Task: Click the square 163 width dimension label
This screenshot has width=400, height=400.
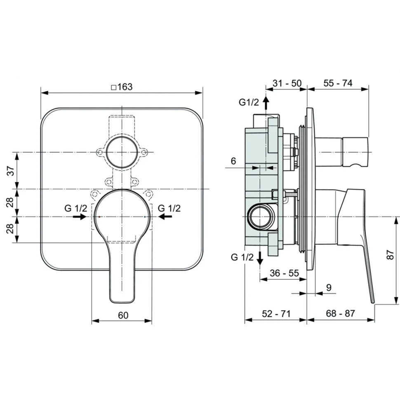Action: tap(122, 87)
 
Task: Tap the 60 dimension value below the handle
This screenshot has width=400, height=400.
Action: tap(123, 315)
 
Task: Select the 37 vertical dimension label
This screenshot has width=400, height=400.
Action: tap(11, 171)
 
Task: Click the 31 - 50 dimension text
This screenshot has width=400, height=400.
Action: tap(287, 83)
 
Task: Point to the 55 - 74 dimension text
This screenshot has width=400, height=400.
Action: tap(338, 83)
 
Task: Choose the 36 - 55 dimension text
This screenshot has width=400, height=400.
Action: tap(284, 273)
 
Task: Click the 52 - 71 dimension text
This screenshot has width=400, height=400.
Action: tap(276, 314)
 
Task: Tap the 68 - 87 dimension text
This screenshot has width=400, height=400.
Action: tap(340, 313)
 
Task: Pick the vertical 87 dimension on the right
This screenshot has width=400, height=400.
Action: tap(390, 254)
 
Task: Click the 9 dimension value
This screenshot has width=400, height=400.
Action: tap(329, 287)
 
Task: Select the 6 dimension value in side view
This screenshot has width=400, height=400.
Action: tap(233, 161)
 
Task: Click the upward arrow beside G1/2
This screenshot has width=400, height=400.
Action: tap(266, 103)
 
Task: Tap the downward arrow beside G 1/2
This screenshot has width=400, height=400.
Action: tap(260, 258)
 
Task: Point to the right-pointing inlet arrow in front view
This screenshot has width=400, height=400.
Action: tap(80, 217)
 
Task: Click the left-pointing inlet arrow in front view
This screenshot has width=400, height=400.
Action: tap(165, 217)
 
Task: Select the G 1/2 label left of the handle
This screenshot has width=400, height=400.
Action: tap(76, 208)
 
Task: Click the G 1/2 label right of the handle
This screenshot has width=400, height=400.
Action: tap(169, 208)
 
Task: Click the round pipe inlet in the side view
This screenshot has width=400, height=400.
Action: tap(260, 216)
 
